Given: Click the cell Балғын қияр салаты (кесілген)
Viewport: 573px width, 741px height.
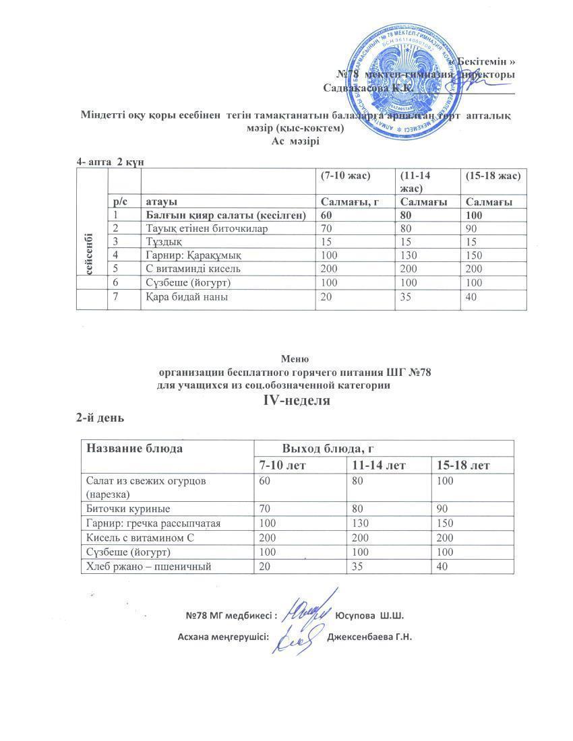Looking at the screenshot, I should pyautogui.click(x=227, y=216).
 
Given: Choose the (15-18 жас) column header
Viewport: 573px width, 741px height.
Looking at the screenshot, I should pyautogui.click(x=492, y=176).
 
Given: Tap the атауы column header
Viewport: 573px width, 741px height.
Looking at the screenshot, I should pyautogui.click(x=162, y=202).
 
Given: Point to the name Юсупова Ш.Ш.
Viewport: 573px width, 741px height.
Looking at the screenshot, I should pyautogui.click(x=369, y=615).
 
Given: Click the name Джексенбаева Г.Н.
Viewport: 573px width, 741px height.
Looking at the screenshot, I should pyautogui.click(x=369, y=637).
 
